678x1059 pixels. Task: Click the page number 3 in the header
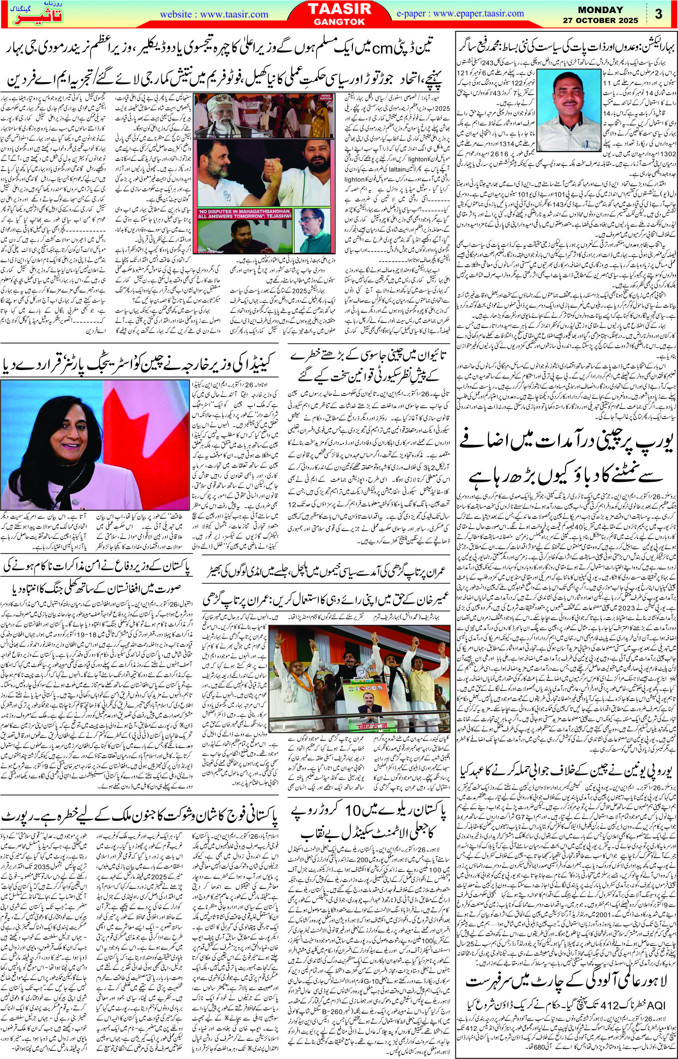click(659, 14)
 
